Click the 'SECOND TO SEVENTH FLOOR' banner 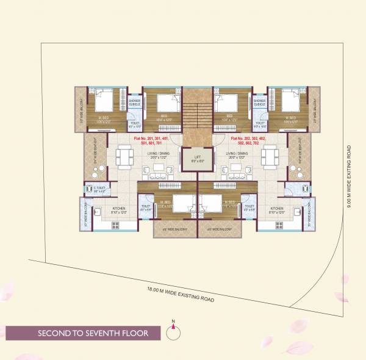[x=83, y=334]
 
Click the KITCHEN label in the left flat [x=119, y=209]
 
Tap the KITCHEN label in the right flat [x=276, y=209]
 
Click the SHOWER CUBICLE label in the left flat [x=135, y=103]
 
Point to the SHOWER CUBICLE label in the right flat [x=259, y=103]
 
